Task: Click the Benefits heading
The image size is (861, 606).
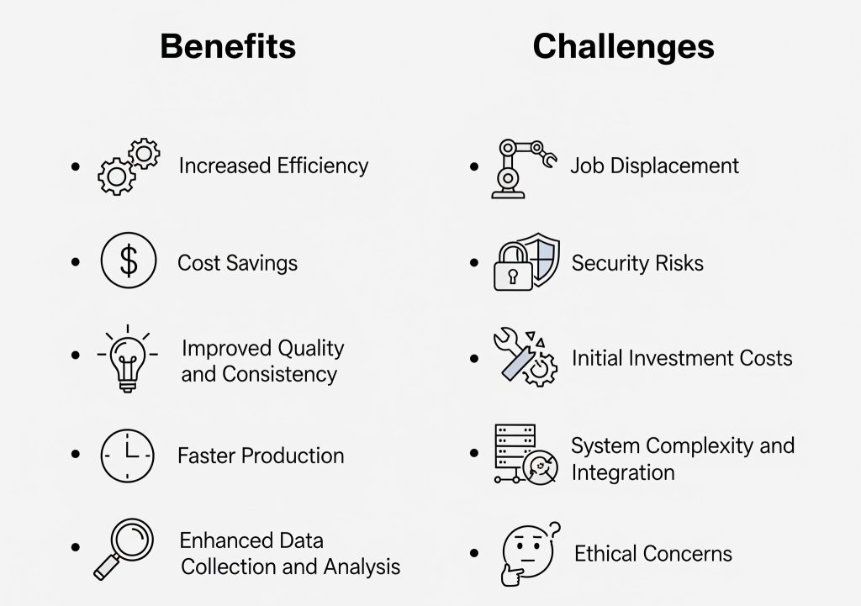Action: (228, 46)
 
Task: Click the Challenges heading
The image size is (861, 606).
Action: (623, 47)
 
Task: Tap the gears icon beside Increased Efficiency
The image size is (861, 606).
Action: (129, 166)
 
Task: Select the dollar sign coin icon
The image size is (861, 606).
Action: (129, 261)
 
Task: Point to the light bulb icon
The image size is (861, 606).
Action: (128, 358)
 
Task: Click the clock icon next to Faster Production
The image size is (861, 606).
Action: (128, 456)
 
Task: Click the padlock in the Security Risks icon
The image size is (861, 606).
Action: (513, 266)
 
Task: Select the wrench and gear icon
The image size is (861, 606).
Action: (526, 357)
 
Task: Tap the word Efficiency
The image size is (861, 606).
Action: (322, 166)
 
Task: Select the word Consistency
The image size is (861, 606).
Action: (279, 374)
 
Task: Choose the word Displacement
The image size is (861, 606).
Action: (674, 166)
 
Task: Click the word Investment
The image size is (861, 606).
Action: (681, 358)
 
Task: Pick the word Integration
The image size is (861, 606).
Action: (623, 472)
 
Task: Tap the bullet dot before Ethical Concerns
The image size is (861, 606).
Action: (474, 553)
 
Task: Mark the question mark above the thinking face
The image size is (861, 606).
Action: (555, 530)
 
